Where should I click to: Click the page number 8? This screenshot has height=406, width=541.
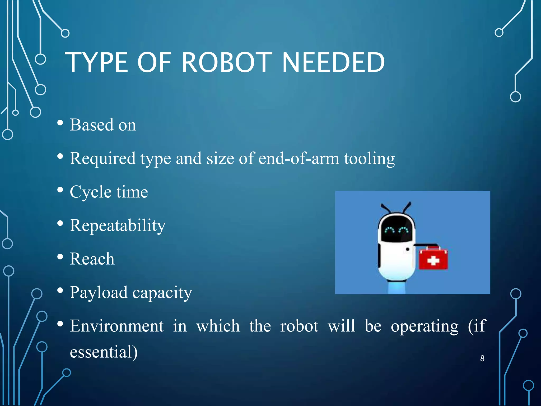click(482, 358)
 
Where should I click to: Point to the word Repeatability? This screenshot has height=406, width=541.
click(118, 226)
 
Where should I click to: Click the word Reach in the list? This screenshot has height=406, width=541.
click(92, 259)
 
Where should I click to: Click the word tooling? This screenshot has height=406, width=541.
click(369, 159)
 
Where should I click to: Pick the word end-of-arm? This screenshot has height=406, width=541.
click(299, 159)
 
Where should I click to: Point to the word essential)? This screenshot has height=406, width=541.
click(104, 352)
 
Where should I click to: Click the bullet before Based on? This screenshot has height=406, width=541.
click(60, 123)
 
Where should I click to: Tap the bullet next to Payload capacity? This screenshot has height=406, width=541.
click(60, 290)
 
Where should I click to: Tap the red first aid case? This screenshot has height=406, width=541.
click(433, 259)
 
